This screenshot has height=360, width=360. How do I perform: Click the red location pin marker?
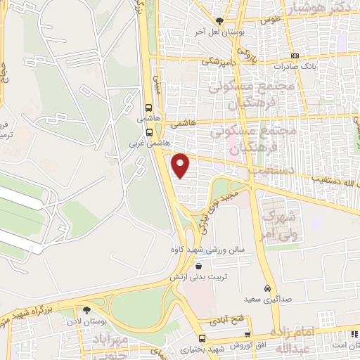[181, 165]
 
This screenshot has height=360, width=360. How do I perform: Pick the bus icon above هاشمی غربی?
[148, 108]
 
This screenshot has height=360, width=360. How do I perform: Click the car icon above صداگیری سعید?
[267, 288]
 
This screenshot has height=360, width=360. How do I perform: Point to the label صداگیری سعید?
[267, 300]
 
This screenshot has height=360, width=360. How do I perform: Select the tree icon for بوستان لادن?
[87, 309]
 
